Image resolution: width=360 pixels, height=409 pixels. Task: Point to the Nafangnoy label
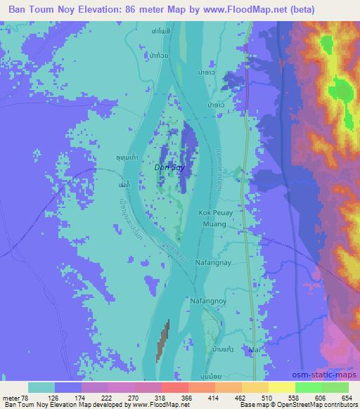[207, 301]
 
